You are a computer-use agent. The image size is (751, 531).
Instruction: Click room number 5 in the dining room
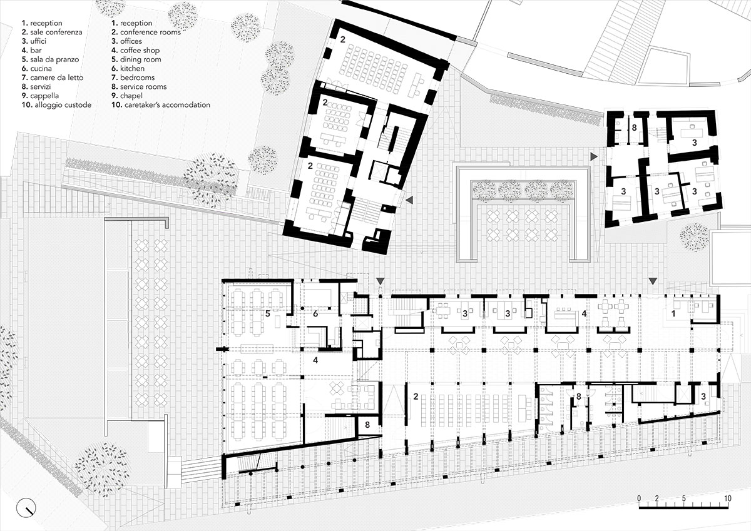pos(267,314)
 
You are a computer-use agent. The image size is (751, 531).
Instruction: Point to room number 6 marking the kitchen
pos(315,314)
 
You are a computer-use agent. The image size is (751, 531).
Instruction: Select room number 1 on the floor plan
pos(673,315)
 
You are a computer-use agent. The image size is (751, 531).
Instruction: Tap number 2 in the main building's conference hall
pos(414,397)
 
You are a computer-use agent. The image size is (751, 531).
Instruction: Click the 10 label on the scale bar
pos(727,498)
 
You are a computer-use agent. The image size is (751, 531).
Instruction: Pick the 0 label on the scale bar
pos(638,498)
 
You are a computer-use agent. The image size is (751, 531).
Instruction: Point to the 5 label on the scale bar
pos(684,498)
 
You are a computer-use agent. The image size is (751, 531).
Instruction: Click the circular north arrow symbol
pos(26,507)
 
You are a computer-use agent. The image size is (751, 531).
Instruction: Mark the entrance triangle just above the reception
pos(652,281)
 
